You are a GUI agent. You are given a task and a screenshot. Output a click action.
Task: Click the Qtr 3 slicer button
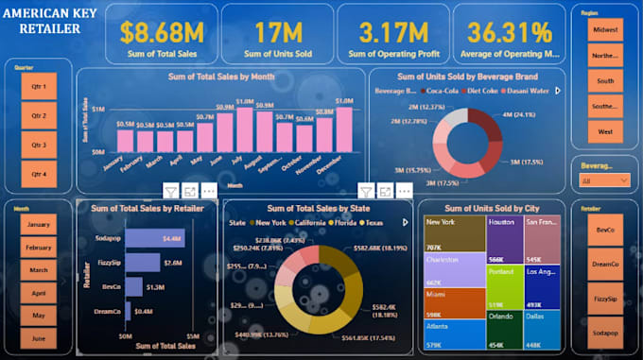(x=38, y=145)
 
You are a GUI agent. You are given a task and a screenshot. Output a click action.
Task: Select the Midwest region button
(x=605, y=30)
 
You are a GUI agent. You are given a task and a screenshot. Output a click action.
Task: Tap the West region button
(x=605, y=130)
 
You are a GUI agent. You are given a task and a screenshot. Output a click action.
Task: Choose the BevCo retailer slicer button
(x=605, y=230)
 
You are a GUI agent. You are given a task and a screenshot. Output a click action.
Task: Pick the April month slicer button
(x=38, y=294)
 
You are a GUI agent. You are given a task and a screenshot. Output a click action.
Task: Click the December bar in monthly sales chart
(x=344, y=129)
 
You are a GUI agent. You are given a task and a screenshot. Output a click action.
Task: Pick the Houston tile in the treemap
(x=504, y=239)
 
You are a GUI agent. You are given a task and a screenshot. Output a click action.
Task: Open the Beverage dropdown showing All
(x=605, y=180)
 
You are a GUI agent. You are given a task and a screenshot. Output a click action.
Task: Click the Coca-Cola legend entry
(x=450, y=91)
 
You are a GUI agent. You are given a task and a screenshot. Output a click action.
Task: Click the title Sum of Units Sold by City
(x=492, y=207)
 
